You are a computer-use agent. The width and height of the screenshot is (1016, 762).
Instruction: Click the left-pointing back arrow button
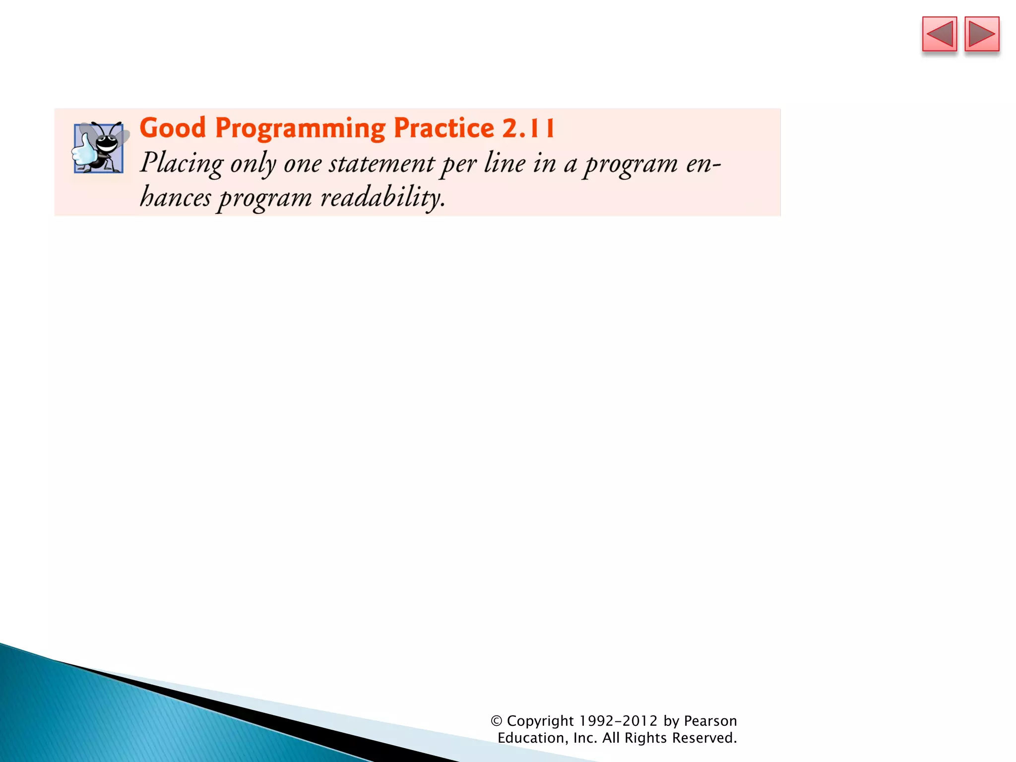[939, 34]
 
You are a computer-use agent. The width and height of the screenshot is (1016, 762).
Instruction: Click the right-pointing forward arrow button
[982, 34]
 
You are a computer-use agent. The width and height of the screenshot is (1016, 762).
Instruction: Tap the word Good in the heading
[172, 128]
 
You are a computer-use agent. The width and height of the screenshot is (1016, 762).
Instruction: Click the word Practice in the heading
[444, 128]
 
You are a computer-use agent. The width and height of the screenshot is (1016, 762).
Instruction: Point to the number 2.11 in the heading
[528, 128]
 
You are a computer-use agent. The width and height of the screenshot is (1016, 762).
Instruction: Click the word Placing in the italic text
[181, 163]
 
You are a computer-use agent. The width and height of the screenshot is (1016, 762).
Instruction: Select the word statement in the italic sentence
[381, 164]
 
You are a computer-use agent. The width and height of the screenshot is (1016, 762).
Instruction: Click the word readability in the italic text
[382, 197]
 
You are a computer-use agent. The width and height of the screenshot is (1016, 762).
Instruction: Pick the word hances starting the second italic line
[175, 197]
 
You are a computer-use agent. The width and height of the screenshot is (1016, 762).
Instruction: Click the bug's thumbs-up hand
[83, 151]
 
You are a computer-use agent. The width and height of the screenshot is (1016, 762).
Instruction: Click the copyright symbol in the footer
[497, 721]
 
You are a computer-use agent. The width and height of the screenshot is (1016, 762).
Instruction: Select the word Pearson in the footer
[710, 721]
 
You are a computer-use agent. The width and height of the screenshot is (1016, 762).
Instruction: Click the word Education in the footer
[530, 738]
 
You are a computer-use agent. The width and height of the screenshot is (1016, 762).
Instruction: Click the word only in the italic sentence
[253, 164]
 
